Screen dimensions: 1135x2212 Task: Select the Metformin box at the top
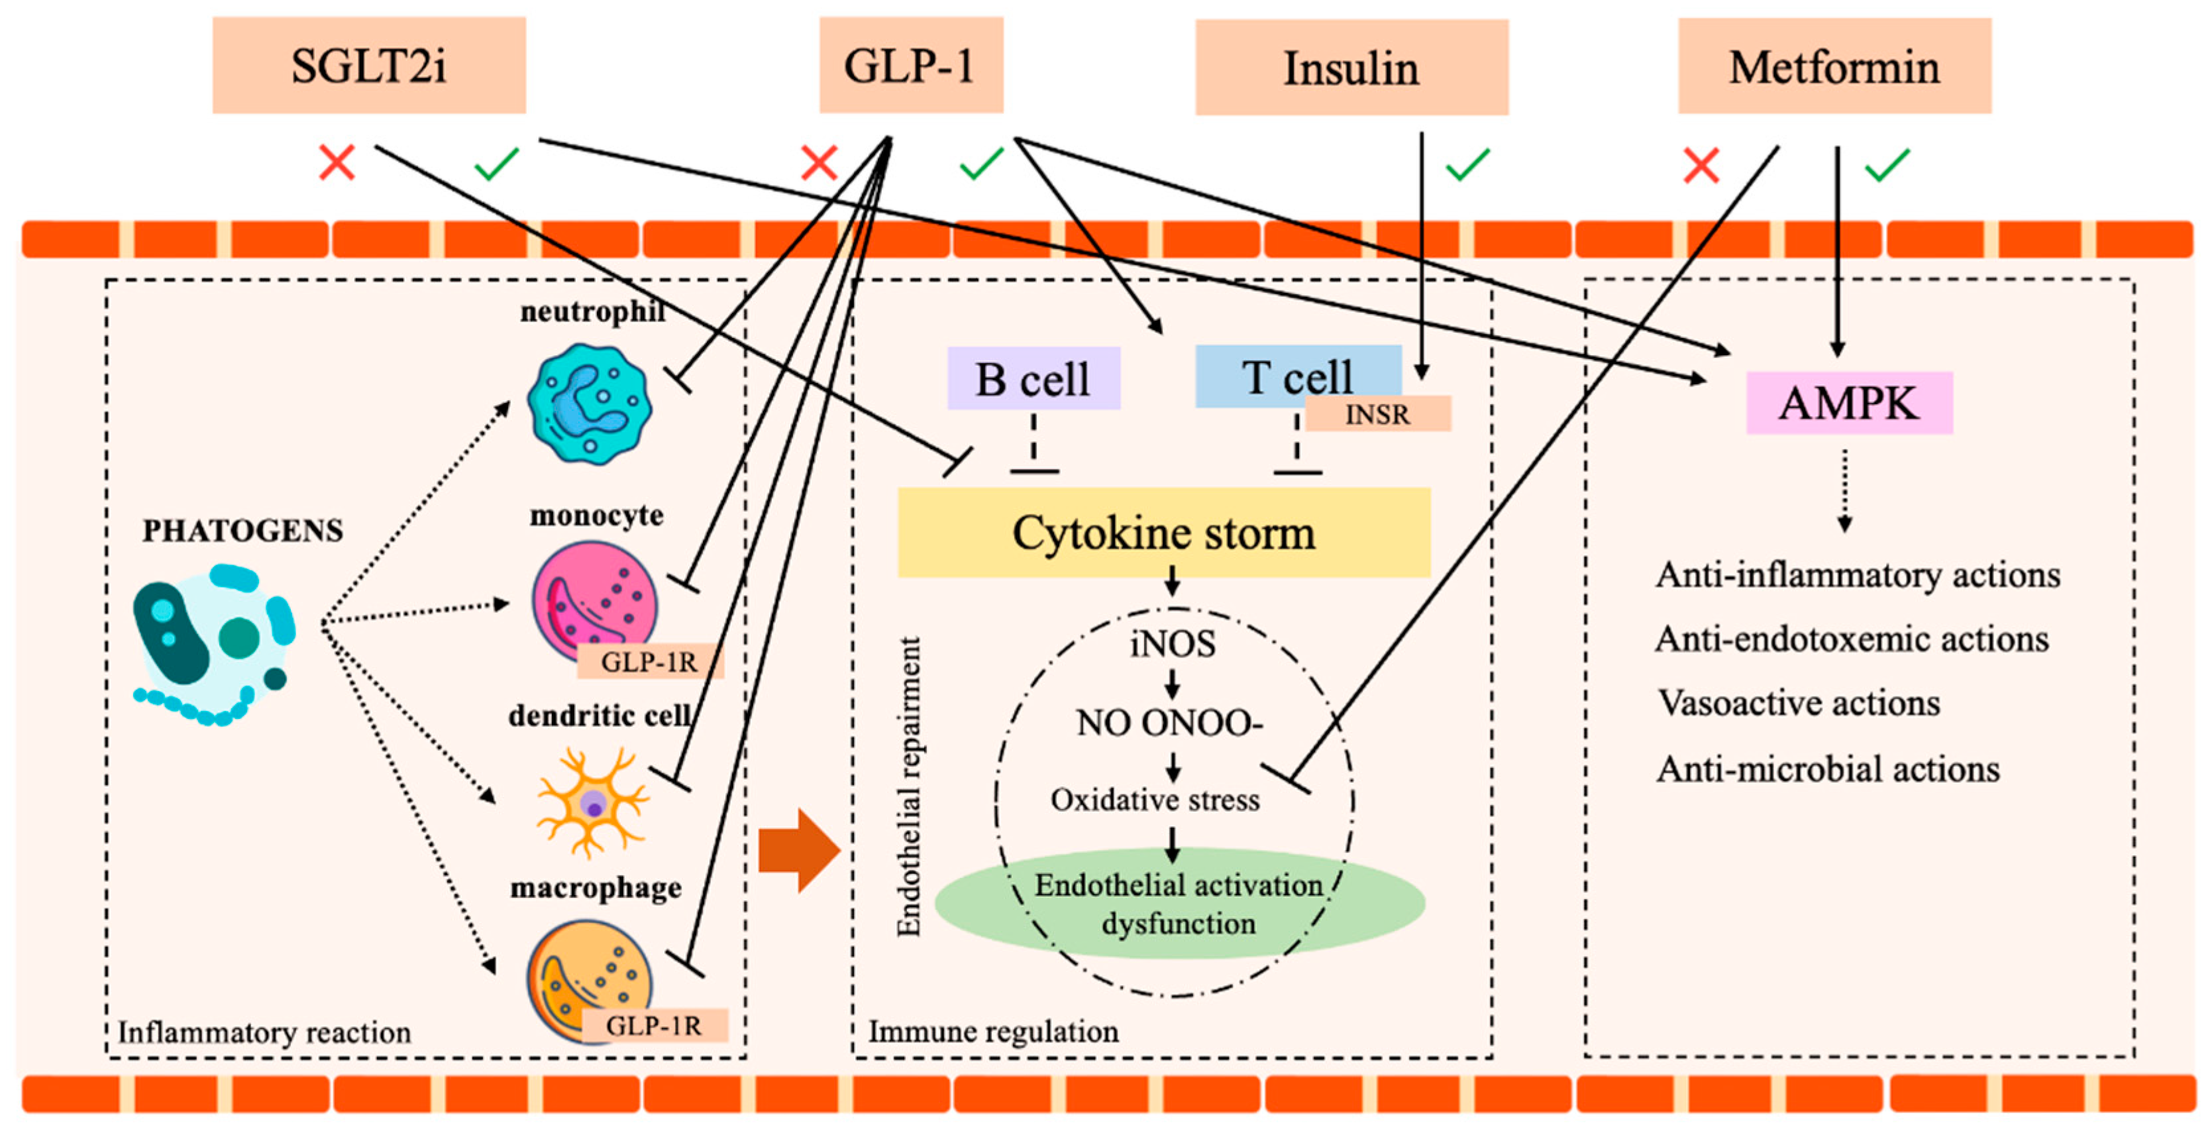point(1834,66)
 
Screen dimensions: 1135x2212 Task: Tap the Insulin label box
point(1351,68)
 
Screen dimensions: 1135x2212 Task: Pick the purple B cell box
point(1033,378)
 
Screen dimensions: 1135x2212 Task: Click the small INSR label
point(1377,414)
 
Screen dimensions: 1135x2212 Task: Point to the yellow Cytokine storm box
point(1163,532)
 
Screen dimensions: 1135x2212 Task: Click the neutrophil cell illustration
point(589,404)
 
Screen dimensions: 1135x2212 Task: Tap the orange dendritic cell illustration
point(592,803)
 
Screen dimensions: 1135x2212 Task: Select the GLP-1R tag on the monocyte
point(650,661)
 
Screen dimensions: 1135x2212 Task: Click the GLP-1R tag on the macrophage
point(655,1025)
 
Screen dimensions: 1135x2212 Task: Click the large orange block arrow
point(798,850)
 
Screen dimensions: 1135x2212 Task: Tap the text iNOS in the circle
point(1172,643)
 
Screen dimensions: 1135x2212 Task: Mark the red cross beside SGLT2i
point(337,162)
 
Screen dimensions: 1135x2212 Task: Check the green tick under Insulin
point(1467,164)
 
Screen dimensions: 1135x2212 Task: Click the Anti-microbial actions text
point(1827,769)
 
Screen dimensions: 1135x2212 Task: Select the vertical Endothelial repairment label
point(908,786)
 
